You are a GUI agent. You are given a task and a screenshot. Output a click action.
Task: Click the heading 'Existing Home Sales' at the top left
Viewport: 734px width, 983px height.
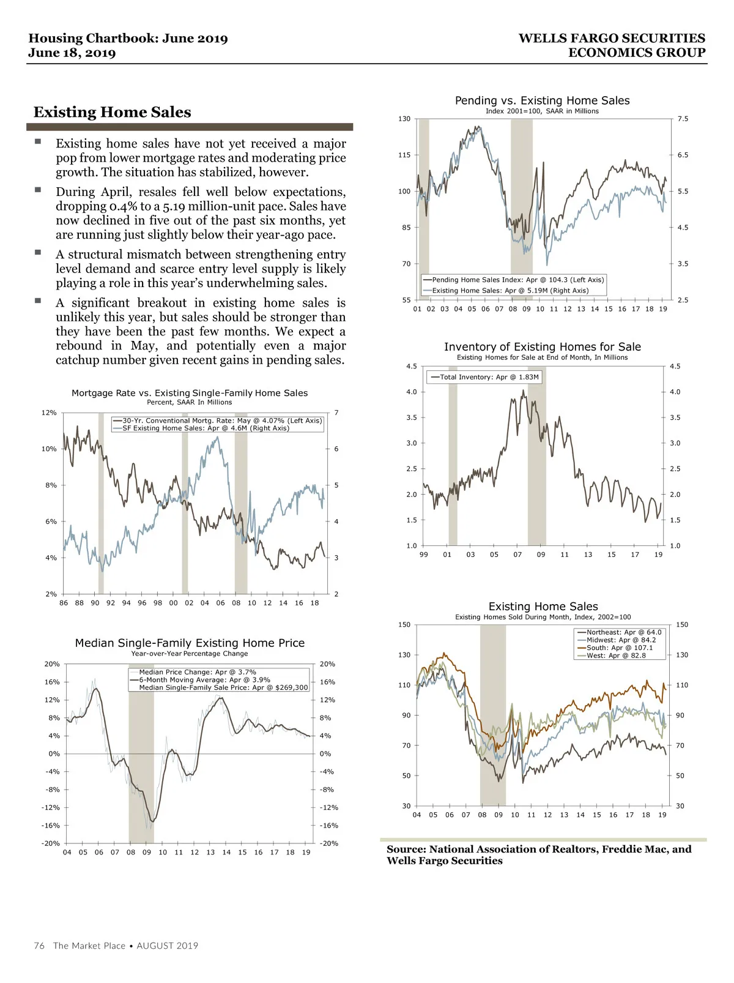click(112, 112)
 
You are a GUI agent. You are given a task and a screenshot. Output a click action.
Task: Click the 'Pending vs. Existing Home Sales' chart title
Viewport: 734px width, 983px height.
click(542, 100)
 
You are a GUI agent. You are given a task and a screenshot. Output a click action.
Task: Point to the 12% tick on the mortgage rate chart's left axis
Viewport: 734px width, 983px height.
click(49, 413)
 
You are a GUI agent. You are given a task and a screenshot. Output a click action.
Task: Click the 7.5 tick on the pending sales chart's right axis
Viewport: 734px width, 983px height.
click(683, 119)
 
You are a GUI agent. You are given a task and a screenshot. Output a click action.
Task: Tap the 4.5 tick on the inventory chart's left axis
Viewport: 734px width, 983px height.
click(412, 367)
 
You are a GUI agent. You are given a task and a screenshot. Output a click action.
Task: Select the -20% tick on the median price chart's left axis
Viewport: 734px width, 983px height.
click(51, 843)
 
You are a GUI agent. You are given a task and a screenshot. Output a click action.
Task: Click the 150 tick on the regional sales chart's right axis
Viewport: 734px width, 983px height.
click(682, 625)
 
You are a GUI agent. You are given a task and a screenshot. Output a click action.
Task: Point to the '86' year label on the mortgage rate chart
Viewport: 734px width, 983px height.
click(64, 603)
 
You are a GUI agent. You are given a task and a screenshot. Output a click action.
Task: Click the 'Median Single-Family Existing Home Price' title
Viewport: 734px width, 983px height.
click(190, 643)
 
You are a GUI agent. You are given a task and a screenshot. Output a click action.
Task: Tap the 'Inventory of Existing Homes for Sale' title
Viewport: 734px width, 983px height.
click(542, 347)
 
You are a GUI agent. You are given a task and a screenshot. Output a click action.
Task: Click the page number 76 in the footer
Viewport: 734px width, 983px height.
click(39, 946)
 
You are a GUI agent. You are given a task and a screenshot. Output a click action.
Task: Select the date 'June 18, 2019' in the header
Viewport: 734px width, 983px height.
click(72, 53)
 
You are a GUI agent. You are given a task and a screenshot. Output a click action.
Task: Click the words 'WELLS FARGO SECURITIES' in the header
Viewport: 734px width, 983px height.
click(612, 38)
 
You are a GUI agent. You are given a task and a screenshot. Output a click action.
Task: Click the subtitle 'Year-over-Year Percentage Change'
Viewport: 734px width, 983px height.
click(190, 654)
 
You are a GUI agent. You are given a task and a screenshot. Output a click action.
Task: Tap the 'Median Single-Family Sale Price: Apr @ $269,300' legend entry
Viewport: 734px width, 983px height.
click(223, 687)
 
